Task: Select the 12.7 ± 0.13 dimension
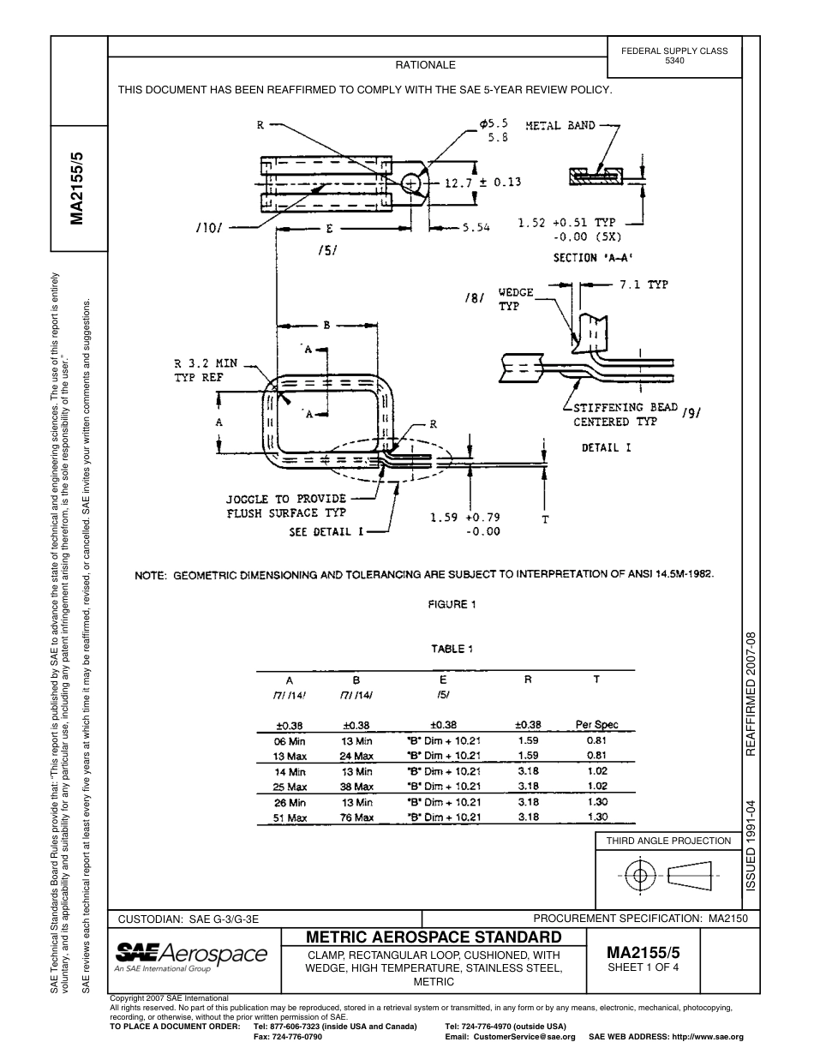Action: click(x=482, y=183)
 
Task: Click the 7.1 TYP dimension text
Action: click(x=643, y=285)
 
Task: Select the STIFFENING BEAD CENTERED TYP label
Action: click(x=625, y=415)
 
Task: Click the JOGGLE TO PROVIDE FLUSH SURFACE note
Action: click(x=285, y=506)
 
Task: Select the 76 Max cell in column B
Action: click(x=356, y=817)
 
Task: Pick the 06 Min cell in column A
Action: click(x=290, y=740)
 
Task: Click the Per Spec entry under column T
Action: click(x=596, y=724)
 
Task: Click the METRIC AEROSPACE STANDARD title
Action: click(x=434, y=937)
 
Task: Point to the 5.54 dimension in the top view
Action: click(x=476, y=228)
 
